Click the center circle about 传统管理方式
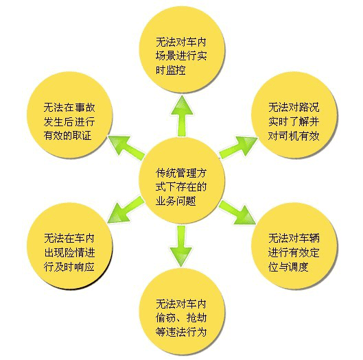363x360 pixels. [x=182, y=180]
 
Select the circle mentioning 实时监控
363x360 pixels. [x=182, y=50]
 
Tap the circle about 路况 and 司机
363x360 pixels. [x=294, y=115]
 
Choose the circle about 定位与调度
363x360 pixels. [x=294, y=245]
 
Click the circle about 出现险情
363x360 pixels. [x=70, y=245]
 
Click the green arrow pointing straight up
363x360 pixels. [x=182, y=116]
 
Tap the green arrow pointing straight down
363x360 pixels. [x=181, y=246]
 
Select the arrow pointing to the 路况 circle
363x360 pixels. [x=238, y=147]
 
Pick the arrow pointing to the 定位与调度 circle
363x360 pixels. [x=237, y=213]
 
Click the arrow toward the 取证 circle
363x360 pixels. [x=126, y=147]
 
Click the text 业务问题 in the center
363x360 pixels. [x=176, y=201]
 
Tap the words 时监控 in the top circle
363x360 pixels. [x=171, y=69]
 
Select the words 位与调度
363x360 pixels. [x=288, y=267]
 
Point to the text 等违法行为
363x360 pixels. [x=181, y=333]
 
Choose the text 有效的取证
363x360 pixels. [x=68, y=136]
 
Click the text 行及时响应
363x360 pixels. [x=69, y=267]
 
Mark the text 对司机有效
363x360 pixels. [x=294, y=136]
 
